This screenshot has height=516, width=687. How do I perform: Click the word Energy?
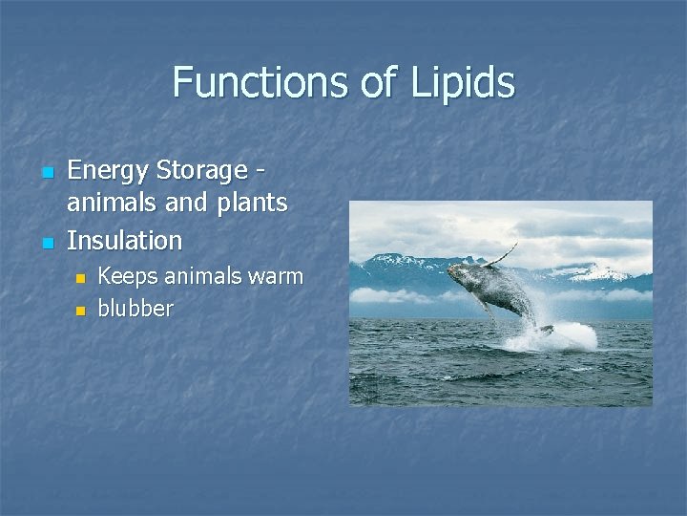[109, 171]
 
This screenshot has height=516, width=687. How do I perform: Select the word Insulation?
[124, 239]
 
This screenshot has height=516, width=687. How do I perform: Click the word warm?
[275, 277]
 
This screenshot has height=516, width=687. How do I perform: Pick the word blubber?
[135, 309]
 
